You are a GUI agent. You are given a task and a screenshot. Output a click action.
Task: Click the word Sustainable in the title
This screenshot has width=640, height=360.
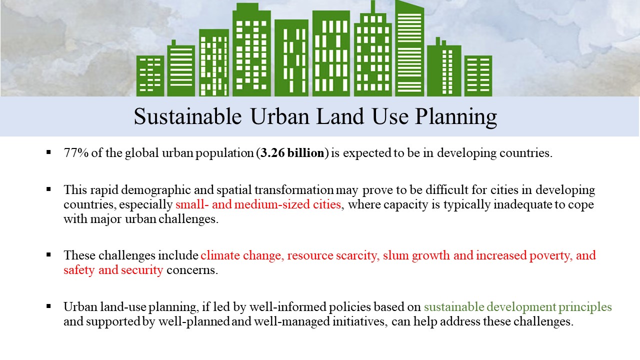coord(187,116)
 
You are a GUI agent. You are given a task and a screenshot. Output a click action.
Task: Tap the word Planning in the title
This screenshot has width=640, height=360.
coord(456,117)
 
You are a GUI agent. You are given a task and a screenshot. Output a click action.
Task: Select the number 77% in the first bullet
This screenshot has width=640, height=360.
coord(76,152)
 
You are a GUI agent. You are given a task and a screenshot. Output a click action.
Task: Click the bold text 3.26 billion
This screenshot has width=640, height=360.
coord(292,153)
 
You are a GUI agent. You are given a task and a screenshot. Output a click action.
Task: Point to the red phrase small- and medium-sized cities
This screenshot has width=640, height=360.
coord(258,204)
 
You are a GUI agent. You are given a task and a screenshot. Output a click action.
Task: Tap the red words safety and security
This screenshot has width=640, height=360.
coord(113,269)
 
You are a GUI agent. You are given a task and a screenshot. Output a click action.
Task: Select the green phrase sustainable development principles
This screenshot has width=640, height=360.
coord(517,307)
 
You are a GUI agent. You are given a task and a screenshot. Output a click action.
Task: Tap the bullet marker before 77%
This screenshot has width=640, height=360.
coord(48,152)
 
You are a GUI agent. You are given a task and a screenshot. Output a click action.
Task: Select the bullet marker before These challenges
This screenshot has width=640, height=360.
coord(48,254)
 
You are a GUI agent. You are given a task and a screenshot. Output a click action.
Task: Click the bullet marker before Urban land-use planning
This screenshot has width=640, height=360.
coord(48,306)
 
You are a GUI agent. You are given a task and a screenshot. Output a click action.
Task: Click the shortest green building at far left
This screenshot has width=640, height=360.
coord(150,76)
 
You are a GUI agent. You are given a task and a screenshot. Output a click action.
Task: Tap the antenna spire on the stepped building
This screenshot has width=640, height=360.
coord(373,7)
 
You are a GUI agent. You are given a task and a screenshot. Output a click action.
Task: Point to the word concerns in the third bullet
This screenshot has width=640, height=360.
coord(192,270)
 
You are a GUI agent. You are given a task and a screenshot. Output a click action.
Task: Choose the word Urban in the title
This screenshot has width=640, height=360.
coord(280,116)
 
